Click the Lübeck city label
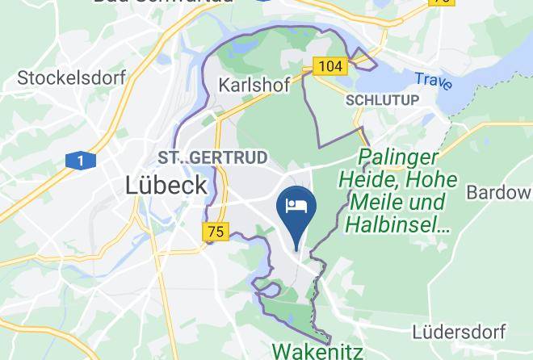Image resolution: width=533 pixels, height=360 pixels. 166,185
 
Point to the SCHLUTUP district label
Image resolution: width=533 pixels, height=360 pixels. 382,100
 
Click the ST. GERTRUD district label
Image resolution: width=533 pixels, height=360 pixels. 212,157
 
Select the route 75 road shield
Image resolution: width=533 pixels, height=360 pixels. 214,232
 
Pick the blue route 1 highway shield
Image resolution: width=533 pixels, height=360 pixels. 81,161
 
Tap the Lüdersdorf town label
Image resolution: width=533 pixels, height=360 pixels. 459,332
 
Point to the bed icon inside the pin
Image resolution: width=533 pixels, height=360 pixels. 296,204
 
